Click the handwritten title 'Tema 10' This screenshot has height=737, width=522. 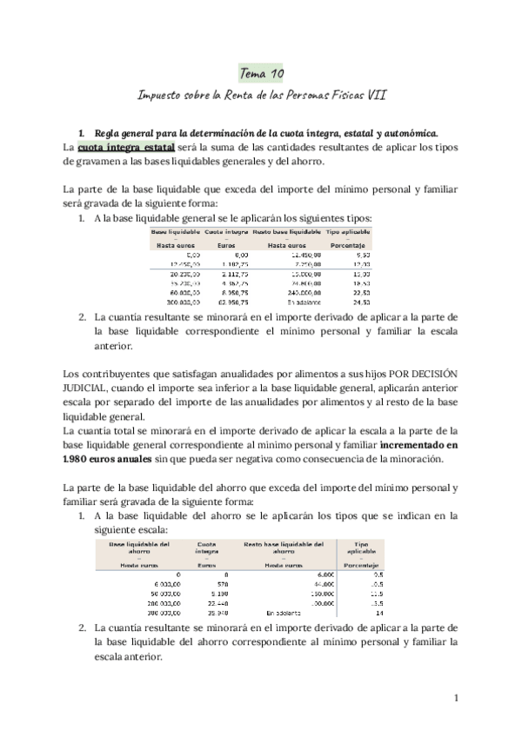(260, 75)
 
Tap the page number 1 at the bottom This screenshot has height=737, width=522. (456, 698)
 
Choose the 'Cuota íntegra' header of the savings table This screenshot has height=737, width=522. (206, 547)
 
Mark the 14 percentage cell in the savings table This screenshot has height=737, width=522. (378, 613)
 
